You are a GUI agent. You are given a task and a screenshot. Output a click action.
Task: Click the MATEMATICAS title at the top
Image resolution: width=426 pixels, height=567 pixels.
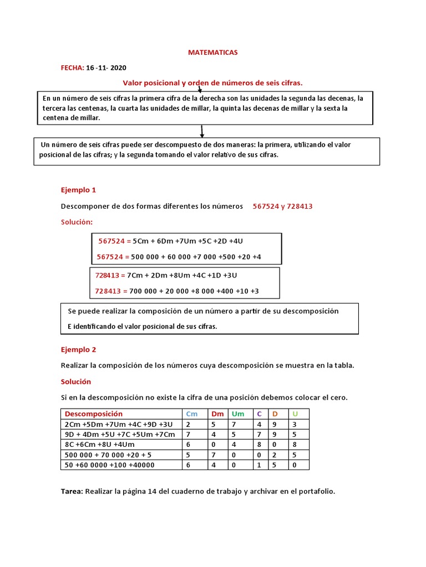[x=213, y=53]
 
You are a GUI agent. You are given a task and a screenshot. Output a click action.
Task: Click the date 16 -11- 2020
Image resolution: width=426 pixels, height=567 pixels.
[x=106, y=68]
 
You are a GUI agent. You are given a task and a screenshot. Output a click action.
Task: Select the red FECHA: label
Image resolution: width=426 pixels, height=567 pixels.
[x=72, y=68]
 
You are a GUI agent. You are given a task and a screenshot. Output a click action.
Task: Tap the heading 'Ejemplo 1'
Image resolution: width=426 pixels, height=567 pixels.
[x=78, y=190]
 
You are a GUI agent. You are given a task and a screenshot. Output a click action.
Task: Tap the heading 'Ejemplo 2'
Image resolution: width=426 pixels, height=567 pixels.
[x=78, y=350]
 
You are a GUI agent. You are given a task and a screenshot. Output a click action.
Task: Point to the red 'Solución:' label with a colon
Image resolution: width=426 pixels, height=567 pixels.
[x=77, y=222]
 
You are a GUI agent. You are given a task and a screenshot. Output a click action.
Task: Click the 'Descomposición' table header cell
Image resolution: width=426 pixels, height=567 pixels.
[x=94, y=414]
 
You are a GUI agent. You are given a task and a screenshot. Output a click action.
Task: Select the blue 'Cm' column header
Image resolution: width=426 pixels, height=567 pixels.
[x=191, y=414]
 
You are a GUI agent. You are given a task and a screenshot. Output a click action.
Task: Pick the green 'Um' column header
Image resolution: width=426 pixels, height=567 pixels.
[x=237, y=414]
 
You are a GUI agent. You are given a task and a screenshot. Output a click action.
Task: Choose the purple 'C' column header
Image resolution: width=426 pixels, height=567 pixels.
[x=258, y=414]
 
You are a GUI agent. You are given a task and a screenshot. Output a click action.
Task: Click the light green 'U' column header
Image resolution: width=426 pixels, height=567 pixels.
[x=295, y=414]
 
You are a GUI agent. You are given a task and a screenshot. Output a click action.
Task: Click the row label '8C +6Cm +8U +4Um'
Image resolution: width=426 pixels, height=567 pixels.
[x=99, y=445]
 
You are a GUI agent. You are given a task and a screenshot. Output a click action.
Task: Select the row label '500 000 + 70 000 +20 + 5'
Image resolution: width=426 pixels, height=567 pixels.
[x=108, y=455]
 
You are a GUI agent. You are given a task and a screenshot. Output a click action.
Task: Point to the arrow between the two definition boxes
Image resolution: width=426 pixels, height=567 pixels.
[x=202, y=131]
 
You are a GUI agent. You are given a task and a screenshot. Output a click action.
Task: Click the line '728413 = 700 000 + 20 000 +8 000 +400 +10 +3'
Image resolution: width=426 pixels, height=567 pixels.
[x=177, y=291]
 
